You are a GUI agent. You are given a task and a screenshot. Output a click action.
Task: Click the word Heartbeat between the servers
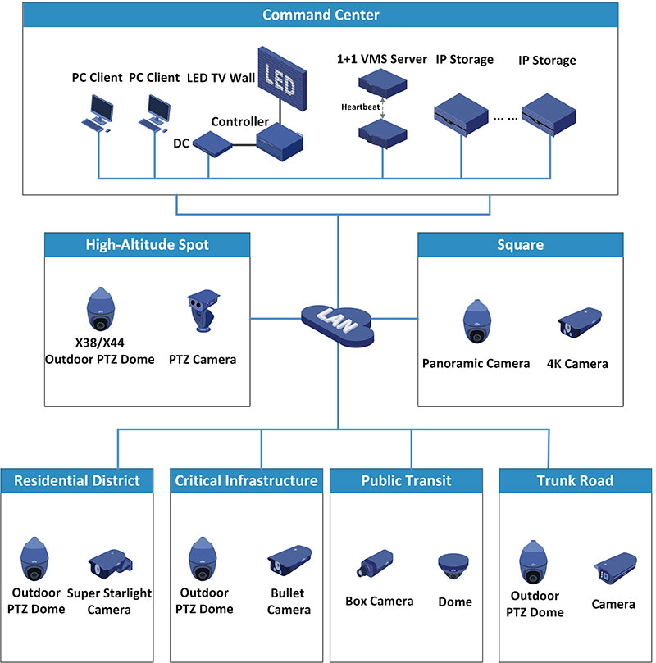tap(360, 106)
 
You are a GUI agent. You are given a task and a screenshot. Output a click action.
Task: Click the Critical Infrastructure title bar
tap(246, 480)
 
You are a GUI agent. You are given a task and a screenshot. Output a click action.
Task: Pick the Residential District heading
tap(77, 480)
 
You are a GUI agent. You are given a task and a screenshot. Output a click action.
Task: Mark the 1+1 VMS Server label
tap(382, 59)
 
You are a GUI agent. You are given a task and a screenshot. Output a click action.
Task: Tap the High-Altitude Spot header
tap(148, 244)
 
